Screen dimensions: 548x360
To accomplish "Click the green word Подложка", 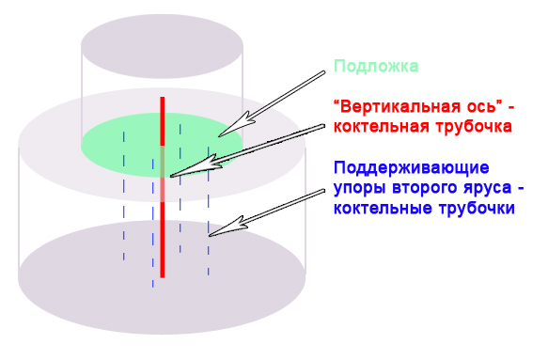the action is click(376, 67).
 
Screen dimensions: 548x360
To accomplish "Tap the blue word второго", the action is click(419, 189).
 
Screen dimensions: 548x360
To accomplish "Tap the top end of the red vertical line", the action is click(162, 99).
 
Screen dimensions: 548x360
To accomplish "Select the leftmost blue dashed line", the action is click(123, 197).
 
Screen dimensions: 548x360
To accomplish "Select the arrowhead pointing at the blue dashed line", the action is click(217, 227).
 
